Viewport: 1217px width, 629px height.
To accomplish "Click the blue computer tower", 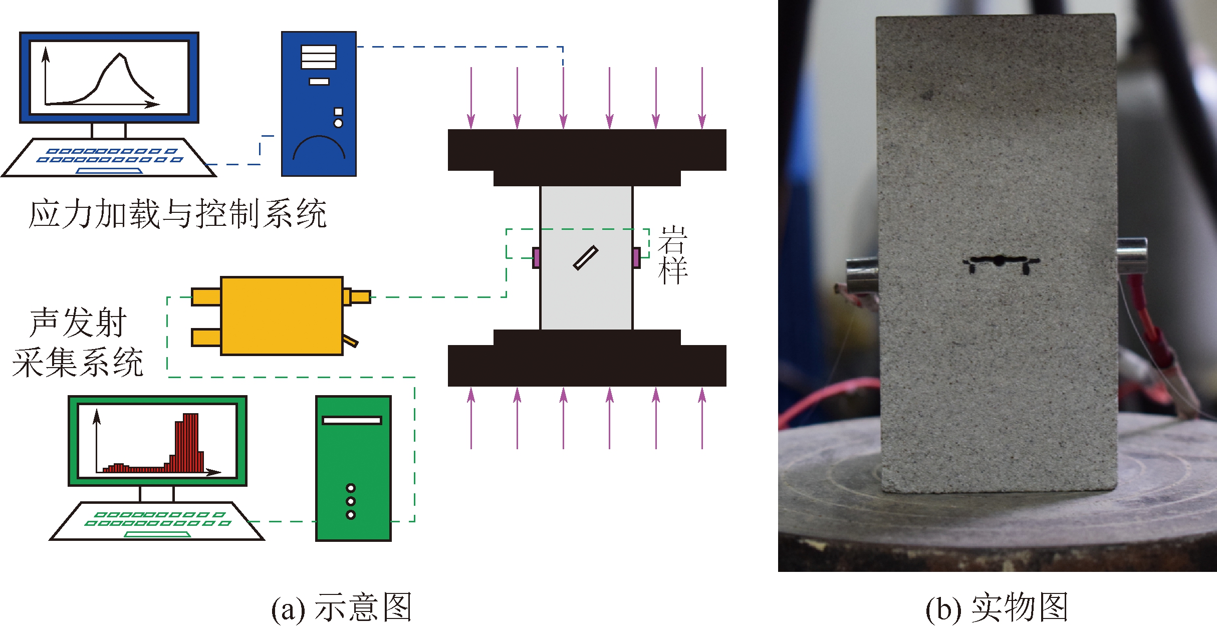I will [x=319, y=104].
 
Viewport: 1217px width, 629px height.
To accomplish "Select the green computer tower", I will [x=353, y=468].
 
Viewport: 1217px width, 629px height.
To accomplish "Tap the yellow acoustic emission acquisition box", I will [x=282, y=316].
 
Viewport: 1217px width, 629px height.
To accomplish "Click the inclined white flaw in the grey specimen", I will [x=586, y=257].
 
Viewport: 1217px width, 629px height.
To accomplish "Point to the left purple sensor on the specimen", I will [x=536, y=258].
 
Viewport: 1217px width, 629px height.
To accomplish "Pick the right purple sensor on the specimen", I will [x=636, y=258].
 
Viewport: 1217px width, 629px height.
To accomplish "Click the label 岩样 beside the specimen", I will [x=673, y=255].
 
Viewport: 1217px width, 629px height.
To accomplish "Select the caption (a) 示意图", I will [x=341, y=607].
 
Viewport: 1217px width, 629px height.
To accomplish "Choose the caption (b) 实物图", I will [x=997, y=607].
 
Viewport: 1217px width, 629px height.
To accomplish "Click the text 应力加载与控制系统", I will [x=178, y=214].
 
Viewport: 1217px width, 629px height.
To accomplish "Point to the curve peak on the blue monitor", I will [x=120, y=55].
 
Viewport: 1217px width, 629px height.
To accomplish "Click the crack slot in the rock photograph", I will [x=1001, y=262].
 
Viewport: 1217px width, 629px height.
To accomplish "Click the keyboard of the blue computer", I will [x=109, y=157].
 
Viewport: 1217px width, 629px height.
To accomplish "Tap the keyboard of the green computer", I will [x=157, y=521].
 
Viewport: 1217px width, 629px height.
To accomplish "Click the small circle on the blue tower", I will [x=338, y=123].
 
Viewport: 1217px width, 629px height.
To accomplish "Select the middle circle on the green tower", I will [x=351, y=501].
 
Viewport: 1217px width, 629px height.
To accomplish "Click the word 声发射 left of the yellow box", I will [x=78, y=323].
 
